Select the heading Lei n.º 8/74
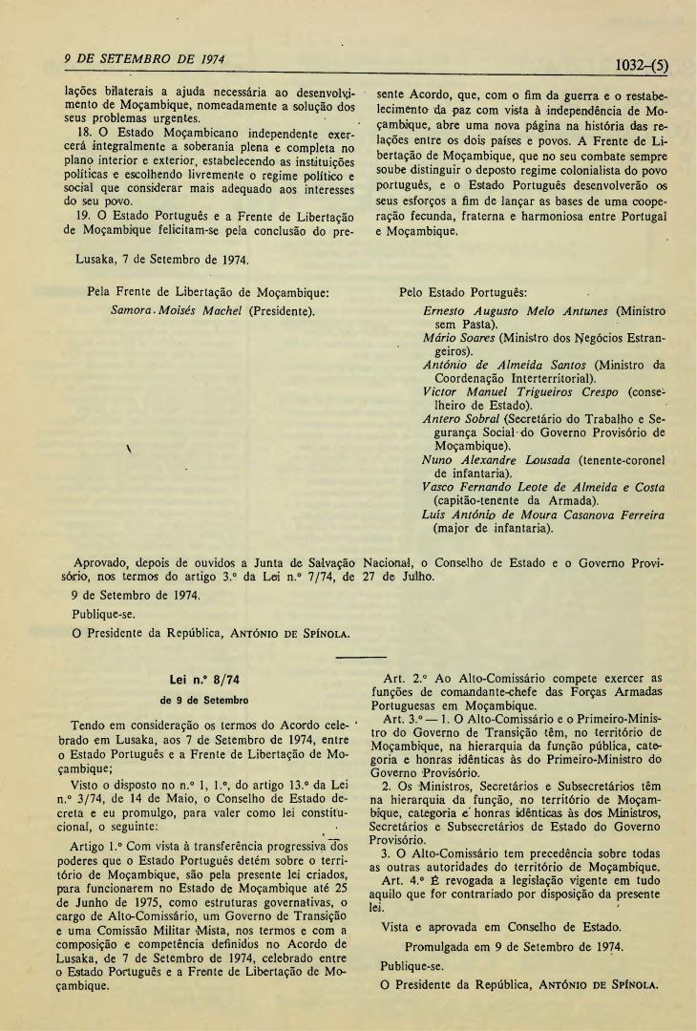(202, 680)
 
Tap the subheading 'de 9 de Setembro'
(202, 699)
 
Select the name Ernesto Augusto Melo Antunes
(517, 311)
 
